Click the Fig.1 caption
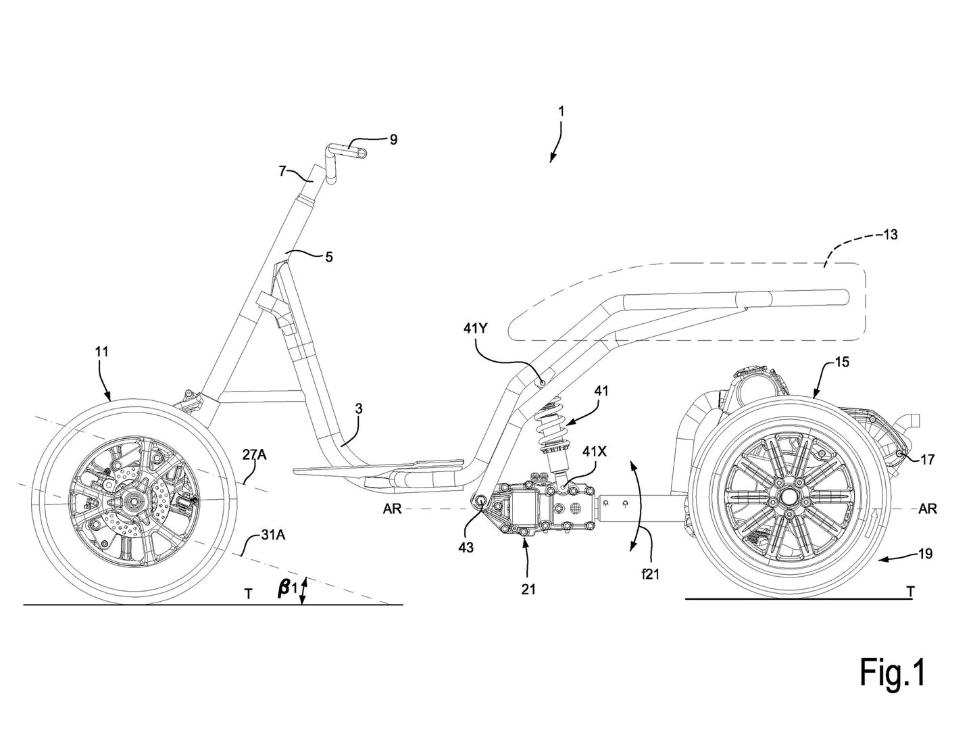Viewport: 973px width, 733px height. tap(891, 690)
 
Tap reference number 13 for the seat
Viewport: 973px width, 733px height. tap(890, 235)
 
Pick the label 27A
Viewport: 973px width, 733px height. tap(255, 455)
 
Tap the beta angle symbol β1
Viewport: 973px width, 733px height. tap(286, 588)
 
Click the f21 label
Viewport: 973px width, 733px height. tap(650, 575)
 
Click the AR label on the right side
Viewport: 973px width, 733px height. tap(928, 509)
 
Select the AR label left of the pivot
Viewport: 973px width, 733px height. tap(393, 509)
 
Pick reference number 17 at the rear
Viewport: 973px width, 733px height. tap(927, 460)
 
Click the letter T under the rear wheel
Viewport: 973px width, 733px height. tap(910, 592)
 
